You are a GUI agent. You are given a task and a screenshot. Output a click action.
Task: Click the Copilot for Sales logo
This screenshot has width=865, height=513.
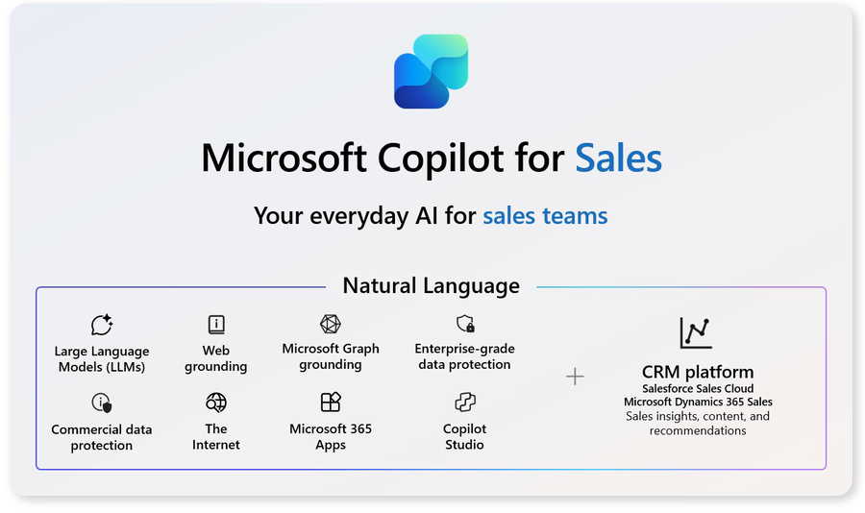tap(431, 71)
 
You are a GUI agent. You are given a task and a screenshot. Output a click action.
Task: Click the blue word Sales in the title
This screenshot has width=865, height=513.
tap(618, 159)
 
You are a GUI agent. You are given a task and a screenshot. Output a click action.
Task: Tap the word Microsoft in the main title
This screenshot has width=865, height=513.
tap(284, 159)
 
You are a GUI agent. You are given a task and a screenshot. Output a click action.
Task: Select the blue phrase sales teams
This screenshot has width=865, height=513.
tap(545, 216)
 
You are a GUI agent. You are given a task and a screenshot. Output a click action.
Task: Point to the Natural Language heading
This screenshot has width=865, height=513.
tap(431, 285)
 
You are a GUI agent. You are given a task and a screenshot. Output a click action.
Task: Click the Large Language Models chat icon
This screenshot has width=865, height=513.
tap(102, 325)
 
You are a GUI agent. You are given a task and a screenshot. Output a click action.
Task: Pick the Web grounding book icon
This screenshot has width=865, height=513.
tap(216, 325)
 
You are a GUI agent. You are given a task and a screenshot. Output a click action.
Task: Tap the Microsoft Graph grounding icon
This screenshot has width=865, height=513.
tap(331, 324)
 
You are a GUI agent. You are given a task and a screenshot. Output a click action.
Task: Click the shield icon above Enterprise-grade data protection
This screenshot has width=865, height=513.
tap(465, 323)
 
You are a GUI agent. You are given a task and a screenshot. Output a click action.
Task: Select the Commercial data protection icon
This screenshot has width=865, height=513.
tap(102, 403)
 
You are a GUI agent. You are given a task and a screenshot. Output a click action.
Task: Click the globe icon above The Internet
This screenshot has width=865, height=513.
tap(215, 403)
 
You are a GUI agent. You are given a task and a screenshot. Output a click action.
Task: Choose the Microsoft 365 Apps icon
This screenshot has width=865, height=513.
tap(331, 403)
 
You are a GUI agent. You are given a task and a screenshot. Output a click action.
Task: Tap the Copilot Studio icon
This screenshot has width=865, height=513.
tap(465, 403)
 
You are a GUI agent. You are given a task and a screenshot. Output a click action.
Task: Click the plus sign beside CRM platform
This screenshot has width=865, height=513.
tap(575, 377)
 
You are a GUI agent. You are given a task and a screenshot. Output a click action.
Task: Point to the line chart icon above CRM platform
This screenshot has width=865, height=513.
tap(696, 332)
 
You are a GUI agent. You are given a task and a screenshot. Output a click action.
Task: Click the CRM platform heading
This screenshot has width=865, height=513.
tap(698, 372)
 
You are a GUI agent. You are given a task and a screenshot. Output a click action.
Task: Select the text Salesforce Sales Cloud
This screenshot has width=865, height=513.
tap(698, 388)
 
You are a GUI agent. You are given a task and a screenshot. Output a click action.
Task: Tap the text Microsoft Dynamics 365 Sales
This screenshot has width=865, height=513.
tap(698, 402)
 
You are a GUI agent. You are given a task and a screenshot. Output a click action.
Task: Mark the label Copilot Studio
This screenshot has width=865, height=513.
tap(464, 436)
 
